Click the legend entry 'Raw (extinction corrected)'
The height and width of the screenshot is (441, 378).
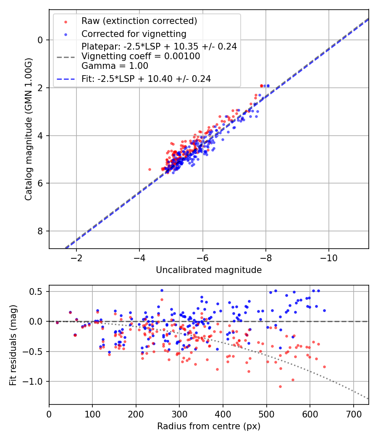139,21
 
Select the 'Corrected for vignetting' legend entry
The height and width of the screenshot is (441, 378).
134,34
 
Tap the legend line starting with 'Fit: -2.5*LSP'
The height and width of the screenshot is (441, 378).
146,79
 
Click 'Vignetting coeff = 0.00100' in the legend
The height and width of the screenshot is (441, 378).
141,56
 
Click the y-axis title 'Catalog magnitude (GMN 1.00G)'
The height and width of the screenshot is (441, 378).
28,129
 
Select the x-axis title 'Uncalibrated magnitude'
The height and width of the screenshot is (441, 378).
209,270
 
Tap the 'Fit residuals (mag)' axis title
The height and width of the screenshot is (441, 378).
13,345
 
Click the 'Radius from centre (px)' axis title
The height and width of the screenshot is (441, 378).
209,426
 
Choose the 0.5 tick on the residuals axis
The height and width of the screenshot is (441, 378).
38,291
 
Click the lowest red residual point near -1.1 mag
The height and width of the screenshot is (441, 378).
280,386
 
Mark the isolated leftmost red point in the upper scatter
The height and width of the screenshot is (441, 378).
150,169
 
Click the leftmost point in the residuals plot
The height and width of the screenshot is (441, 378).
57,323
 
